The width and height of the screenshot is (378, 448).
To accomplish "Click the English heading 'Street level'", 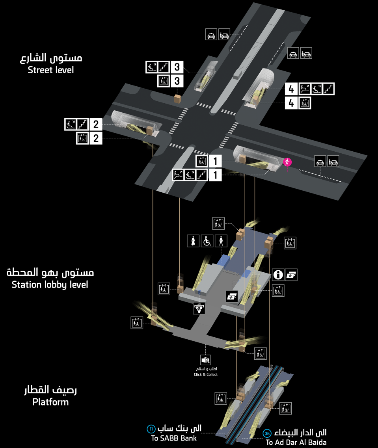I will point(51,71).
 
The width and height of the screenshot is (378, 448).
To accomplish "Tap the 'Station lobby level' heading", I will point(50,284).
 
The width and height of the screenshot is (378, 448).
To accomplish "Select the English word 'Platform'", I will point(50,402).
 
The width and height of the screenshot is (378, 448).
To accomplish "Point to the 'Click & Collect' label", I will point(205,374).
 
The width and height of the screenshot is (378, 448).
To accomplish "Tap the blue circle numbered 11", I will point(151,429).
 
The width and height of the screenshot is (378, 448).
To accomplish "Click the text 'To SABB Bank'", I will point(174,438).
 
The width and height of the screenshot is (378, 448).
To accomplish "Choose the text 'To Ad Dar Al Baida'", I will point(296,442).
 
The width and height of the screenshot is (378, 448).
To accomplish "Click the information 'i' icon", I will point(278,275).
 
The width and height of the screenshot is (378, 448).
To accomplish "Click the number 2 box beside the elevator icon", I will point(96,138).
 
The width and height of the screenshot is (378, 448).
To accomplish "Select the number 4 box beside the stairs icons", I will point(291,89).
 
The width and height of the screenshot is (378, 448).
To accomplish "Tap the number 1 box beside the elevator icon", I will point(215,161).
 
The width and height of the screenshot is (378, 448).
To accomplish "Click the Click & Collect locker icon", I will point(205,360).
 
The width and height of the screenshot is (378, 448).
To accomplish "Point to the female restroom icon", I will point(193,241).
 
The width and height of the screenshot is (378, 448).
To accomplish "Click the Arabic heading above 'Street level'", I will point(51,58).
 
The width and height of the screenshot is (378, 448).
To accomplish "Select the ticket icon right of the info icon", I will point(291,275).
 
